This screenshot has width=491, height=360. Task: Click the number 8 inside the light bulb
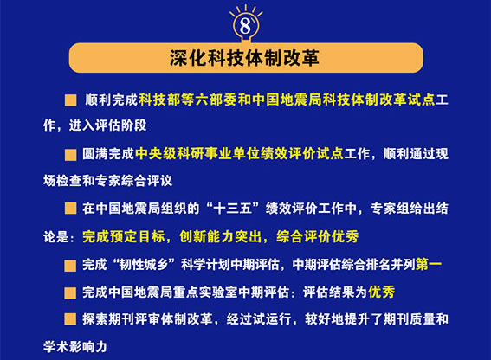(245, 25)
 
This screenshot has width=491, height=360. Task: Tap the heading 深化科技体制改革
(245, 58)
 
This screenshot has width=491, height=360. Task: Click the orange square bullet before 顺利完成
(70, 100)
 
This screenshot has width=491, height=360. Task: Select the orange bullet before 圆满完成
(70, 155)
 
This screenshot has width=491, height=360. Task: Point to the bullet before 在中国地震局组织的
(70, 209)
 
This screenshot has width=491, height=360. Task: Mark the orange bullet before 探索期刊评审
(70, 319)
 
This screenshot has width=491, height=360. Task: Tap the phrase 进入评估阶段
(107, 125)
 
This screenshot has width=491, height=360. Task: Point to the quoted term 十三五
(233, 209)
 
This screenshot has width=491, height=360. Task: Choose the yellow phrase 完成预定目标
(124, 236)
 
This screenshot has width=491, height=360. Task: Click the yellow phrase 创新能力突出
(221, 236)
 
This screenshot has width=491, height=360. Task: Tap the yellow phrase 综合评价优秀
(318, 236)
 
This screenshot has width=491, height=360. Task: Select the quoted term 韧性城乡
(145, 265)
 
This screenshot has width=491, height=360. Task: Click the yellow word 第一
(429, 265)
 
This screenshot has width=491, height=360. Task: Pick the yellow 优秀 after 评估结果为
(381, 292)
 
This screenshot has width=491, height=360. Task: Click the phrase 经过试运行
(259, 319)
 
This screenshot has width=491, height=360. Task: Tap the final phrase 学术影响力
(75, 347)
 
